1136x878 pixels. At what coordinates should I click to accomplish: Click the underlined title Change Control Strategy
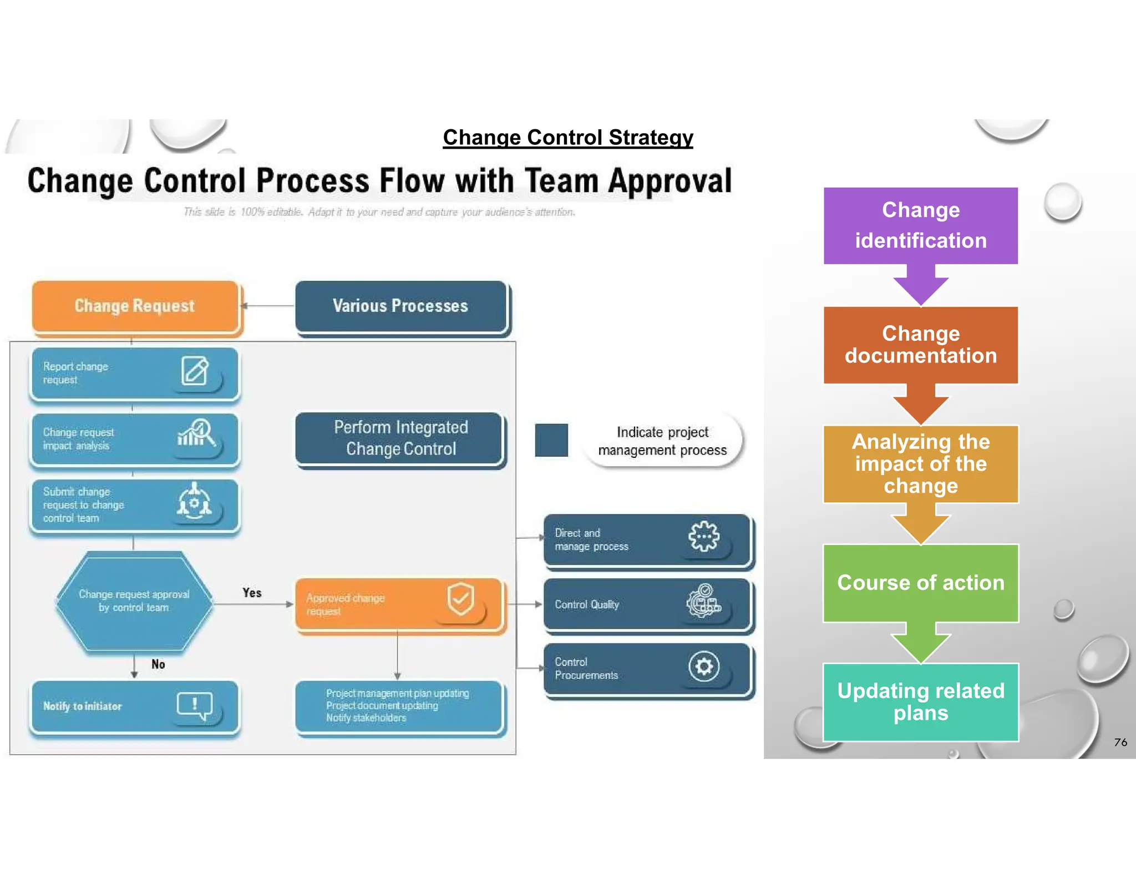[567, 138]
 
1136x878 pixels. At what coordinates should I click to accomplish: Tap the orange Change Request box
[135, 306]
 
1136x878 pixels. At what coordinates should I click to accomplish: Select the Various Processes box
[400, 306]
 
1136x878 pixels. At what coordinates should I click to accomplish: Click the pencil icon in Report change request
[195, 371]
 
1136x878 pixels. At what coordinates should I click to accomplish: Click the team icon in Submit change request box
[194, 501]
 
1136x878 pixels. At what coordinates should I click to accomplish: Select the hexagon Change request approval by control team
[134, 602]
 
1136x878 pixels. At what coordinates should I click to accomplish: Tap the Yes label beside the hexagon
[252, 593]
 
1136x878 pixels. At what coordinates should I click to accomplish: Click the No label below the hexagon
[158, 664]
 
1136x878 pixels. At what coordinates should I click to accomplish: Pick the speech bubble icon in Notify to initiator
[195, 705]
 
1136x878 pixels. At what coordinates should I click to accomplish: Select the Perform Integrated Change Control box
[400, 438]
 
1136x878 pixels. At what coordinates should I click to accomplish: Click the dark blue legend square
[551, 440]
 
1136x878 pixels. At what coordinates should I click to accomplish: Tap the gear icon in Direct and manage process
[704, 536]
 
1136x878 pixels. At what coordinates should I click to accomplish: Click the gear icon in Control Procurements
[704, 666]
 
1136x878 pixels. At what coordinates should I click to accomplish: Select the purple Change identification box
[921, 226]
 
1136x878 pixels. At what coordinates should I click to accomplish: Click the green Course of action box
[921, 583]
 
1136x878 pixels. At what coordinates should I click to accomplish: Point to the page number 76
[1120, 742]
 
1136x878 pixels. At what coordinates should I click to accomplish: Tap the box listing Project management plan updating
[398, 705]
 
